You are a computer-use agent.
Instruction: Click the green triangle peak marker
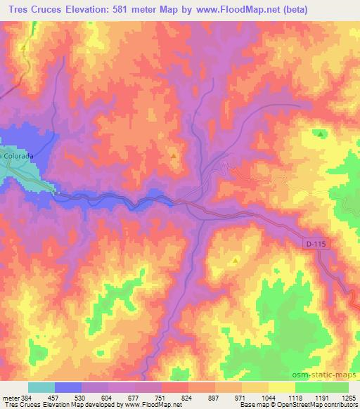click(321, 134)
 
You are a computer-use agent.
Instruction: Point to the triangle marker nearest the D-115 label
click(236, 259)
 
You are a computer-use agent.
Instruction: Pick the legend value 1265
click(349, 398)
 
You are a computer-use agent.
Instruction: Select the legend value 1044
click(269, 398)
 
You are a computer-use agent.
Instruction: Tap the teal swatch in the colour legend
click(41, 387)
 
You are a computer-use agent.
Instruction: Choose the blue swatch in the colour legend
click(68, 387)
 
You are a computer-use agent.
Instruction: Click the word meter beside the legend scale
click(11, 398)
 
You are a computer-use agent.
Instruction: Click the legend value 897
click(215, 398)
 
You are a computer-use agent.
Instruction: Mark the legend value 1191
click(322, 398)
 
